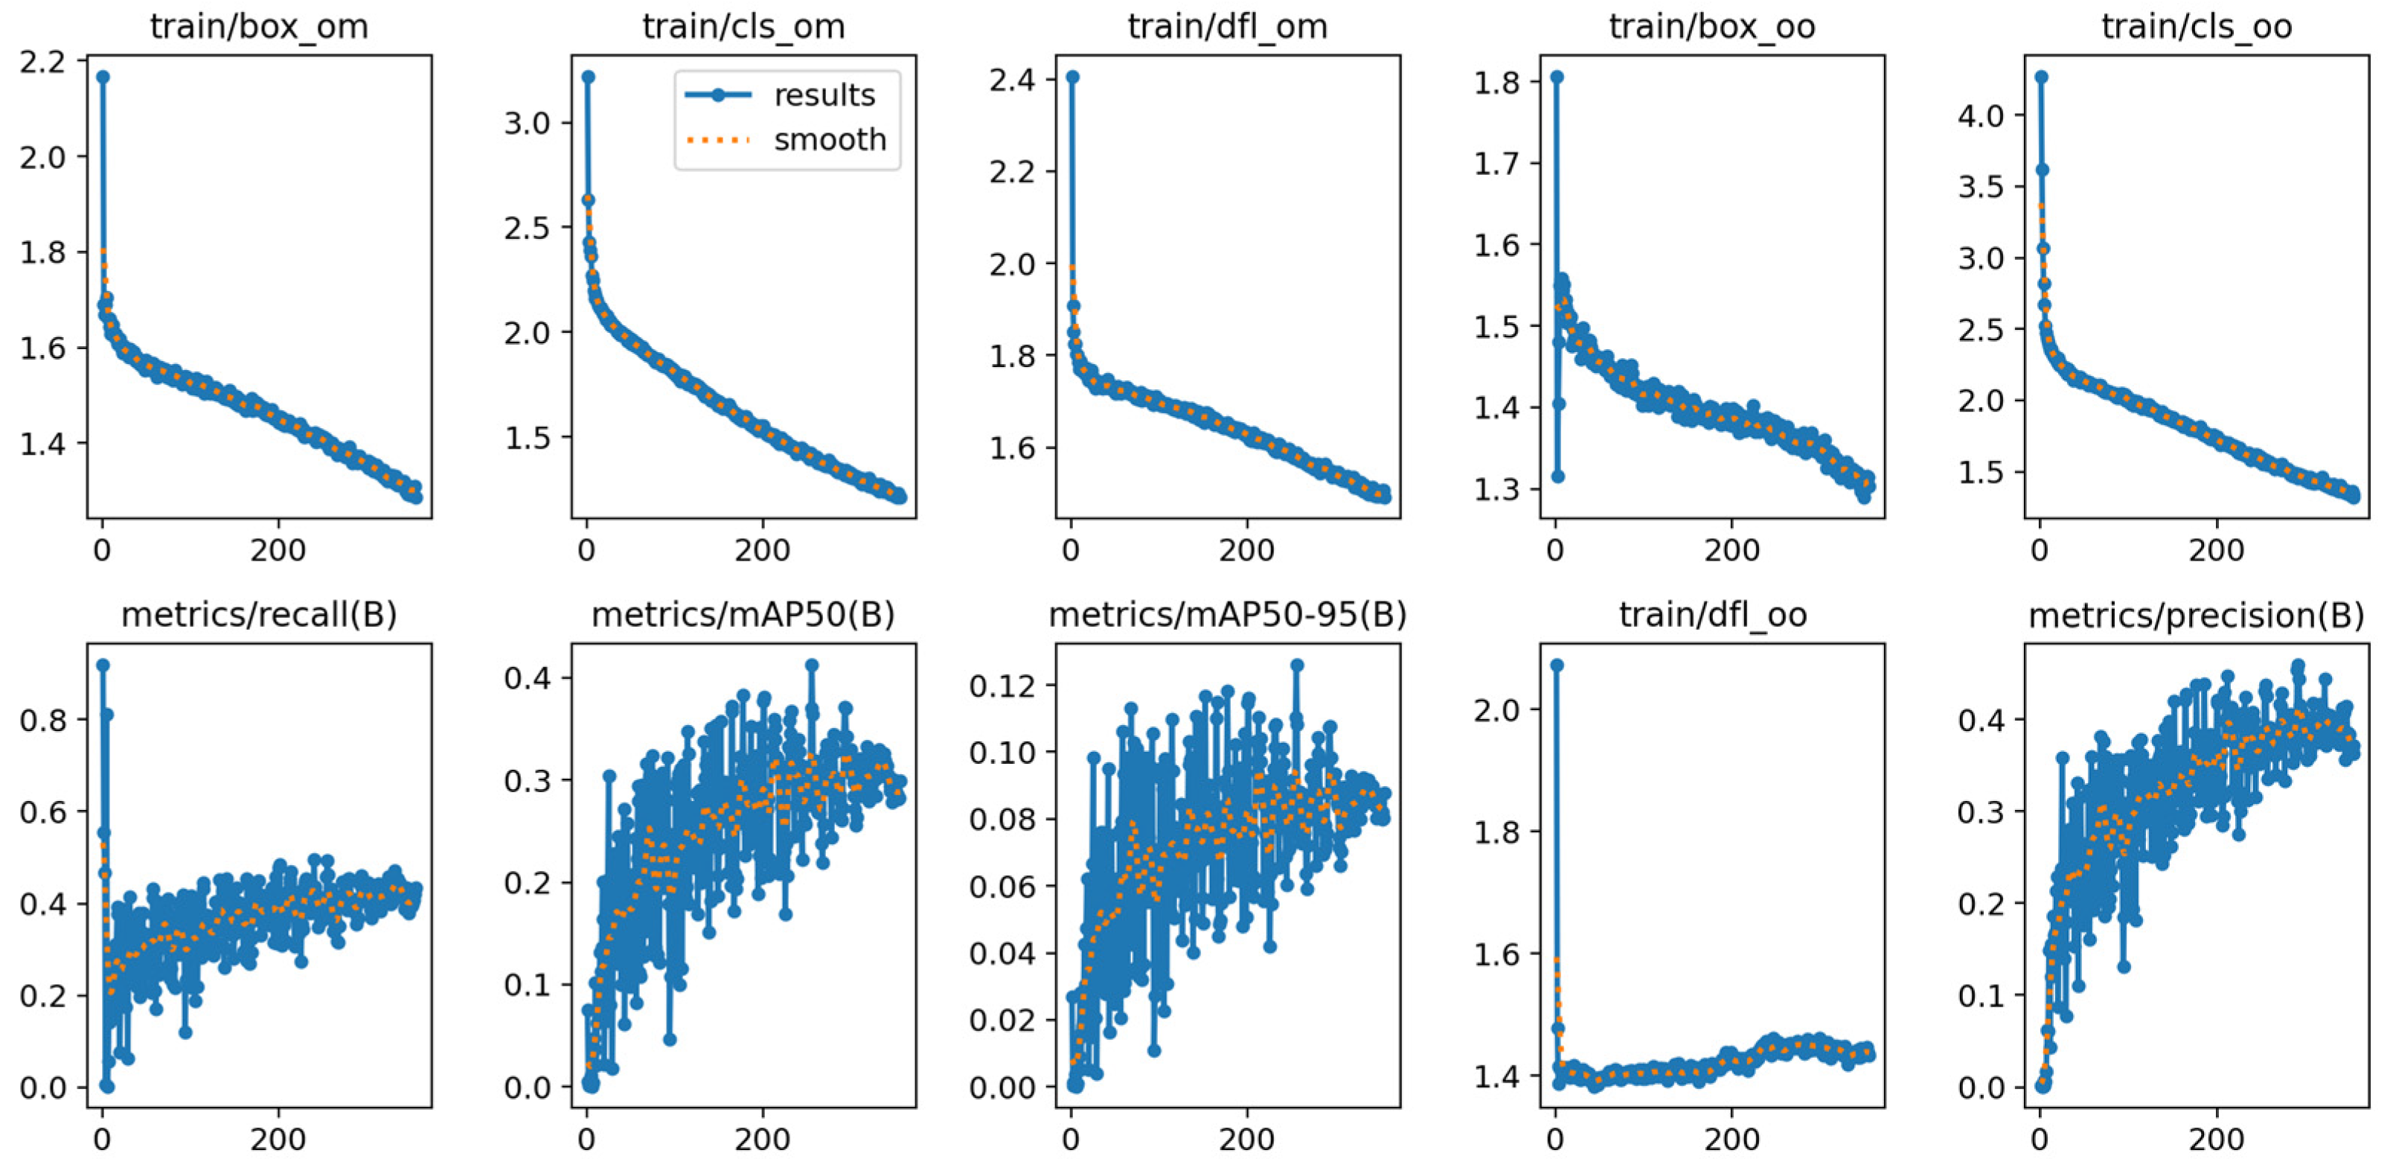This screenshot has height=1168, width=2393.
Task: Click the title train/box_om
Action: pos(259,26)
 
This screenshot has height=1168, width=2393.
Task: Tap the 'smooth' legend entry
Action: pos(830,140)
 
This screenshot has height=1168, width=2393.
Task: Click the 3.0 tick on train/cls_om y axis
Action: pos(528,123)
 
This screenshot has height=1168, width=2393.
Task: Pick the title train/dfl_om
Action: pos(1227,26)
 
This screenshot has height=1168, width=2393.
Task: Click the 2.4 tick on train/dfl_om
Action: pos(1012,80)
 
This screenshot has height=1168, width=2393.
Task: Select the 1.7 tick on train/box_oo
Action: pos(1496,164)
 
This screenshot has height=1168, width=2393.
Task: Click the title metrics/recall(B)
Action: pos(259,614)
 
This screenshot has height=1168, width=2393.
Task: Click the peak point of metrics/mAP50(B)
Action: pos(812,666)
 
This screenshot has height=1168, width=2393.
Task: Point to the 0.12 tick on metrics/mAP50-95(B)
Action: pos(1002,686)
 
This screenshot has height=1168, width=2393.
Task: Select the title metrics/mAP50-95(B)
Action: pos(1227,614)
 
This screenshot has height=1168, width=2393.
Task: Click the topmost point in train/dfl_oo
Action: pos(1557,666)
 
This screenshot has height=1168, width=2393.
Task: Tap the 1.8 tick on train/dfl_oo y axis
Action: pos(1496,832)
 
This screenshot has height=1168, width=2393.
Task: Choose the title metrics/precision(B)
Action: pos(2196,614)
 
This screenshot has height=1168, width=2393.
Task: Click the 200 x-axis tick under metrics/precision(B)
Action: pos(2217,1139)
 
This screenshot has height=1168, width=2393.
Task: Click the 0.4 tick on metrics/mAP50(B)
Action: pos(528,677)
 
